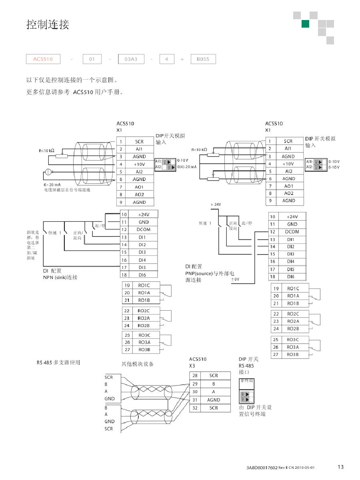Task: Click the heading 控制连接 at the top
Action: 48,25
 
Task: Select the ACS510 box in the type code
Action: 43,59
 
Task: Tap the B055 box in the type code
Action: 203,59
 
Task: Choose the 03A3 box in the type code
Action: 131,59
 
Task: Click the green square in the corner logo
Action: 305,24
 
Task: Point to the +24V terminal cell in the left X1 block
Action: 143,215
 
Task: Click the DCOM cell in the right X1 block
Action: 292,232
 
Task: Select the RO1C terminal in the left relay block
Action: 144,285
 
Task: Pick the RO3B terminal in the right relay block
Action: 293,355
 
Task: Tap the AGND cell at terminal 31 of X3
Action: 214,400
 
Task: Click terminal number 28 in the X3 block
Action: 195,376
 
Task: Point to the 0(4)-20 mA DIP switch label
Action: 187,167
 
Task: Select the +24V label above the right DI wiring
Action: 216,205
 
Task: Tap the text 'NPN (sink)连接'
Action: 60,277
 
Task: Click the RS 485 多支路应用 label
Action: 58,363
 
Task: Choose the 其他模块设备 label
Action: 138,364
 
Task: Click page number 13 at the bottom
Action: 340,467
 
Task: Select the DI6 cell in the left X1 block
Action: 142,275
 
